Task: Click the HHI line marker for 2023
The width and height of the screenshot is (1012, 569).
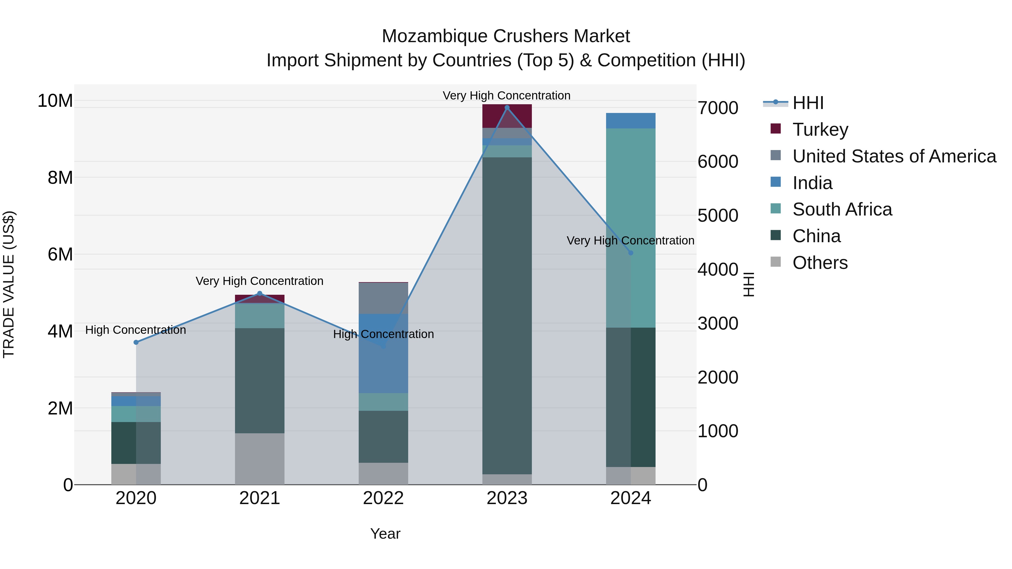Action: (x=507, y=108)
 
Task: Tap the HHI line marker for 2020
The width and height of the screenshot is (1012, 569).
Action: (x=136, y=343)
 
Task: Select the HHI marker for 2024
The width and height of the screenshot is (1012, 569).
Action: (x=631, y=253)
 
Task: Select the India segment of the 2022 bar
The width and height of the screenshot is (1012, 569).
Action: (x=383, y=353)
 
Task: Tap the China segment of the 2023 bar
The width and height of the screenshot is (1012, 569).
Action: (x=507, y=314)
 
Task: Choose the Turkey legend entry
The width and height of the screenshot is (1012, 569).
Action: (x=820, y=130)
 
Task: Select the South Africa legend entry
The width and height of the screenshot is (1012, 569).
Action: (x=842, y=209)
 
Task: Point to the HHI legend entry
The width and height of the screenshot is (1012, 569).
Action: (x=808, y=103)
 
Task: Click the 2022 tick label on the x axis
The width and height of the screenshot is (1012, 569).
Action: (x=383, y=498)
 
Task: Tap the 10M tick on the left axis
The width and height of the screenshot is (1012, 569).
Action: (x=55, y=101)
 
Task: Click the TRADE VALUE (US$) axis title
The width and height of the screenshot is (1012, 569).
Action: (x=9, y=284)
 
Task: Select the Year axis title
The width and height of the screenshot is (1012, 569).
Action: (x=385, y=534)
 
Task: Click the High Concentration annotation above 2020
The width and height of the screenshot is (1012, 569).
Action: (x=135, y=330)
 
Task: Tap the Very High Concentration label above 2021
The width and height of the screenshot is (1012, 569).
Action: (x=259, y=281)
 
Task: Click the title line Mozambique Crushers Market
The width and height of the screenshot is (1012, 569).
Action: (x=506, y=36)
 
